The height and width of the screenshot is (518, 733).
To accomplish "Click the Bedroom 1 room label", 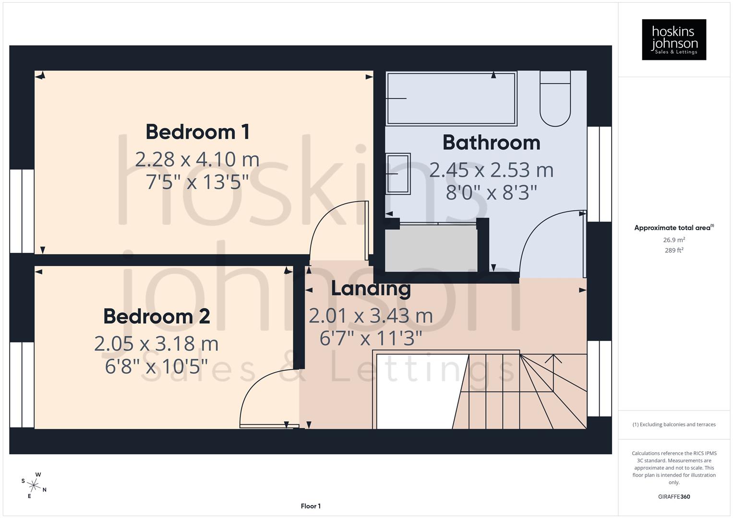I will (x=197, y=132).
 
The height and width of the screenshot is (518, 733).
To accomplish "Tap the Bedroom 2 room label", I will (x=156, y=317).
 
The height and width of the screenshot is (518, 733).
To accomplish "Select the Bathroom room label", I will (x=491, y=142).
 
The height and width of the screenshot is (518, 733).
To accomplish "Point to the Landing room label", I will (x=371, y=288).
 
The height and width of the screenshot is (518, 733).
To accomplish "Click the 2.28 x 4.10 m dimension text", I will (x=197, y=159).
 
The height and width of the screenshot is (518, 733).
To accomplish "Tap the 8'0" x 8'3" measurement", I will (x=491, y=193).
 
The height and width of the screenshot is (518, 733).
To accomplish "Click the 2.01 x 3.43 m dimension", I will (x=371, y=316).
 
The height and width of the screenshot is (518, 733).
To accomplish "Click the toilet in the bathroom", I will (x=555, y=98).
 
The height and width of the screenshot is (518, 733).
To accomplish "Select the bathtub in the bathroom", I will (x=451, y=99).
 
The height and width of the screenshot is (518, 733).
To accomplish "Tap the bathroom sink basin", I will (x=398, y=174).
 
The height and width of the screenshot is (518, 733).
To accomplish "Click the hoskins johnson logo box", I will (x=673, y=39).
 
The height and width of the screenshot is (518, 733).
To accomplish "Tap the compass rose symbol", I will (x=35, y=485).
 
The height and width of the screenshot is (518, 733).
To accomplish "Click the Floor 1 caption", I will (x=311, y=506).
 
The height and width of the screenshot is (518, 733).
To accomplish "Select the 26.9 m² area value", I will (x=673, y=240).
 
